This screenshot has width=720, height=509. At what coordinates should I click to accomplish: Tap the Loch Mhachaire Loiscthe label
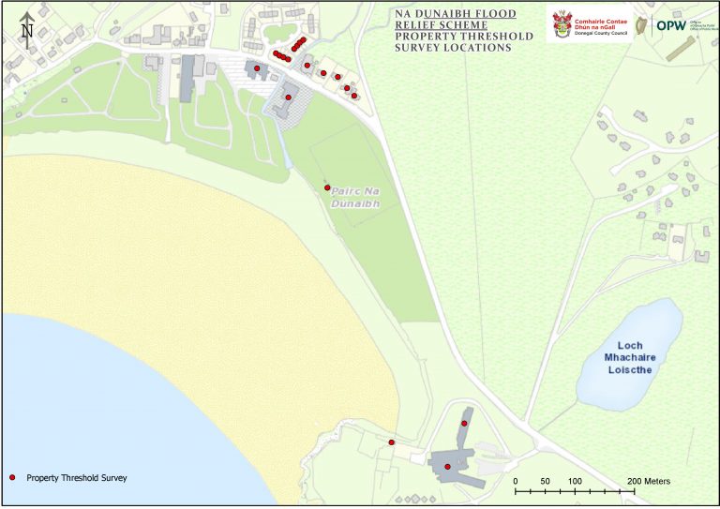[x=628, y=357]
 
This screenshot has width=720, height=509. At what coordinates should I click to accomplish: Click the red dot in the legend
[x=13, y=478]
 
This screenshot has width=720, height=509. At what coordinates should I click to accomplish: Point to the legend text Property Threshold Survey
[x=76, y=478]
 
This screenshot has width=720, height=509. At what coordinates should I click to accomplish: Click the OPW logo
[x=670, y=26]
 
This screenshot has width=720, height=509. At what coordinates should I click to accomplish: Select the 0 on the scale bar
[x=516, y=481]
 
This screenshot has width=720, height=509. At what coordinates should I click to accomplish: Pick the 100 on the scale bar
[x=574, y=481]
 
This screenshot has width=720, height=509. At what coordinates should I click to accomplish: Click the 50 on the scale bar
[x=545, y=481]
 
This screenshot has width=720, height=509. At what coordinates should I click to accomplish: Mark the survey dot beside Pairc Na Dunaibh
[x=327, y=187]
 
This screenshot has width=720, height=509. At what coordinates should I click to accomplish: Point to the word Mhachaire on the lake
[x=628, y=357]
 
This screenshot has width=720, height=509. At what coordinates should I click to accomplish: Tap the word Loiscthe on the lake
[x=628, y=369]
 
